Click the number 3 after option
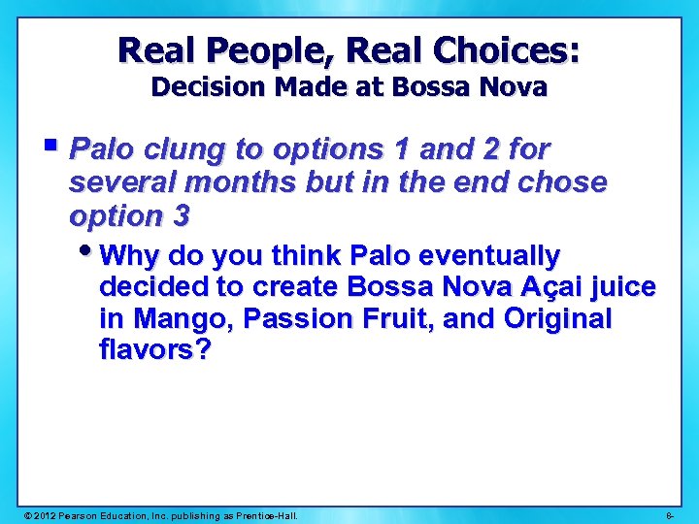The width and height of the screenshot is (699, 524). tap(181, 214)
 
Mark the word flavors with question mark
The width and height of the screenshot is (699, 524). tap(154, 350)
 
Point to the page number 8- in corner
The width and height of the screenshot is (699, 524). tap(671, 514)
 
